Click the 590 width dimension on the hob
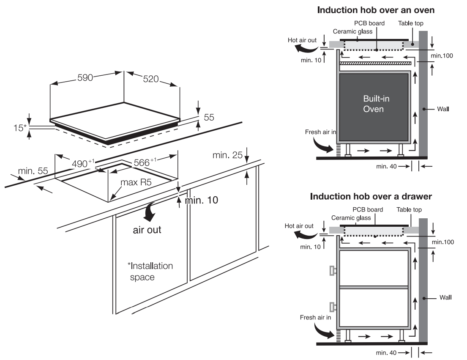coord(86,78)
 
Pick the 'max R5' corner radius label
coord(136,183)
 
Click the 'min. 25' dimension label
coord(227,156)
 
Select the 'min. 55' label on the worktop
coord(33,171)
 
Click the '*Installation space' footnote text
coord(150,272)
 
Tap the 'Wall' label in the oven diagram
coord(443,109)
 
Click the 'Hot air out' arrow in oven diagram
coord(305,49)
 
